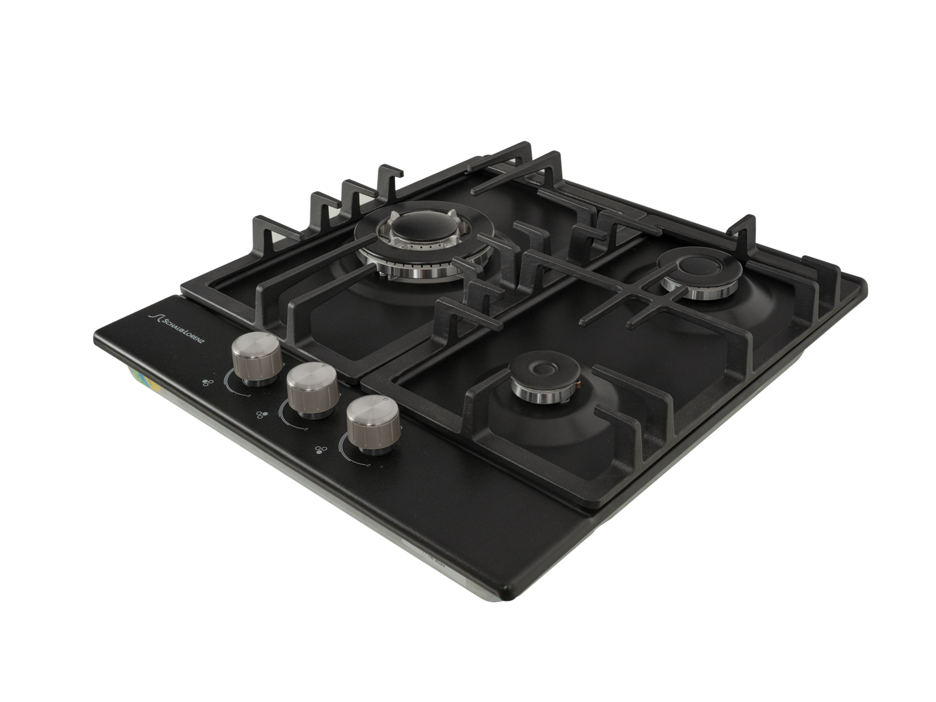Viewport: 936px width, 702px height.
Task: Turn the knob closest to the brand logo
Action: click(x=256, y=359)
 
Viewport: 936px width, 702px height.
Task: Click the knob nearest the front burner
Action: click(x=373, y=424)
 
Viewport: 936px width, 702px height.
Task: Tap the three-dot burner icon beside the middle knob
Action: click(x=262, y=415)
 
